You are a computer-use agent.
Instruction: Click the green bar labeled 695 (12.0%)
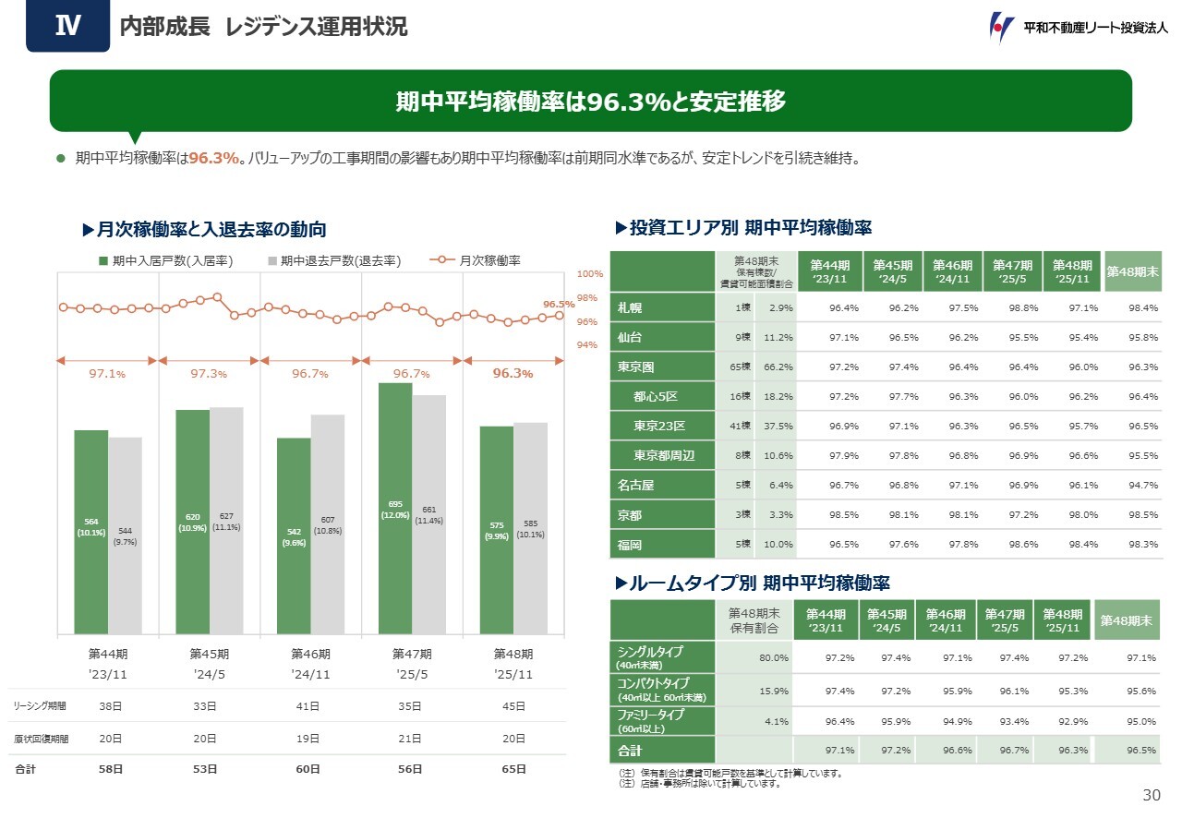[395, 508]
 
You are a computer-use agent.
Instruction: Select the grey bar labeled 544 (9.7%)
[125, 535]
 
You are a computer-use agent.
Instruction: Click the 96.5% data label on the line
[559, 304]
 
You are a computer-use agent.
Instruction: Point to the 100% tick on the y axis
[590, 274]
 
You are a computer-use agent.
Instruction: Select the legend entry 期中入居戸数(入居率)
[166, 261]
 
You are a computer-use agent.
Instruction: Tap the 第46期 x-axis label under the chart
[310, 654]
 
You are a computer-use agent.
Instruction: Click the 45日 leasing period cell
[513, 706]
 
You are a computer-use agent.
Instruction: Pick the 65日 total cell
[513, 769]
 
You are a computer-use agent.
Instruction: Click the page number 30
[1151, 796]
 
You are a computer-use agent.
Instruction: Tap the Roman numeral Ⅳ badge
[67, 26]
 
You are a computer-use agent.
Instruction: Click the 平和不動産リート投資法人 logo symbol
[1001, 27]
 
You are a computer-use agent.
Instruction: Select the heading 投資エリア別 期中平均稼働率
[750, 226]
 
